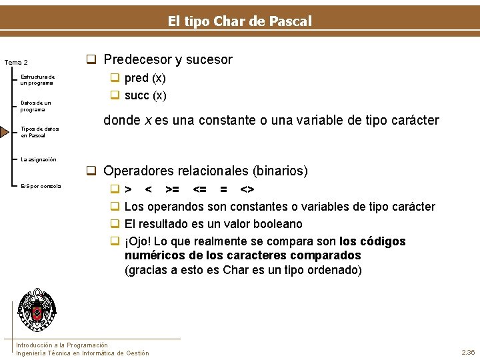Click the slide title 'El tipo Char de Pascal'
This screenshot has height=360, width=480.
[x=239, y=21]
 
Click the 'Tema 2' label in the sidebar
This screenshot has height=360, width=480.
[x=16, y=63]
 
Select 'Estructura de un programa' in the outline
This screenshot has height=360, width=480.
[x=37, y=80]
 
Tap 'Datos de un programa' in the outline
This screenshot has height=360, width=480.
[x=35, y=106]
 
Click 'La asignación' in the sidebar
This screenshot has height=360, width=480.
[x=39, y=159]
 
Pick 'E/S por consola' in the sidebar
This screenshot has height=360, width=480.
[x=41, y=186]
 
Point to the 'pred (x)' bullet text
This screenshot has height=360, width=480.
[x=145, y=78]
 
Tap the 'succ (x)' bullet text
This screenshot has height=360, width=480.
[x=145, y=95]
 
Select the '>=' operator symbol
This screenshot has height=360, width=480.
[x=172, y=190]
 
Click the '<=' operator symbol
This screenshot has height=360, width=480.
[x=199, y=190]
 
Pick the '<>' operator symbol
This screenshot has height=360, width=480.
[x=247, y=190]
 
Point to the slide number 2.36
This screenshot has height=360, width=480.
[x=467, y=352]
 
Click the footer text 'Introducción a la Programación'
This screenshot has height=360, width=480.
[x=62, y=345]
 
